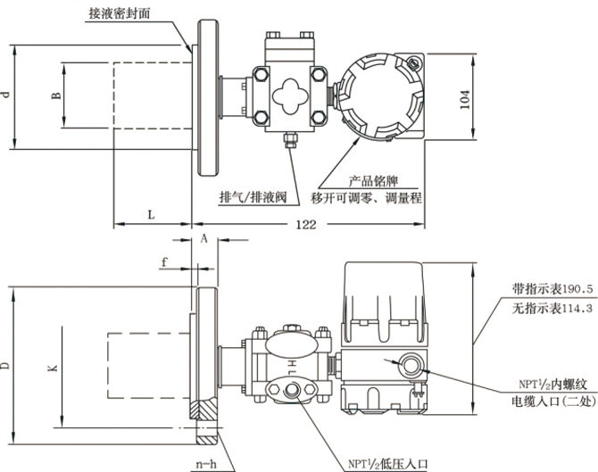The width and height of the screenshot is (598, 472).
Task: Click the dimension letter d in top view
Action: (7, 95)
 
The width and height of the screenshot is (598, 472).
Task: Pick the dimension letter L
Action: (151, 215)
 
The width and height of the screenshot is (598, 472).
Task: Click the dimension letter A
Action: (203, 238)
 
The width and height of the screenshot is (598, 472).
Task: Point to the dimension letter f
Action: (164, 261)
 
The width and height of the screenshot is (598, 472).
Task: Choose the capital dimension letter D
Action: (6, 366)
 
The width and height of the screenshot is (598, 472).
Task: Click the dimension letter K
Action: (52, 366)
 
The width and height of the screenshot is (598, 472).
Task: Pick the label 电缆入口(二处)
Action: (548, 402)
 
